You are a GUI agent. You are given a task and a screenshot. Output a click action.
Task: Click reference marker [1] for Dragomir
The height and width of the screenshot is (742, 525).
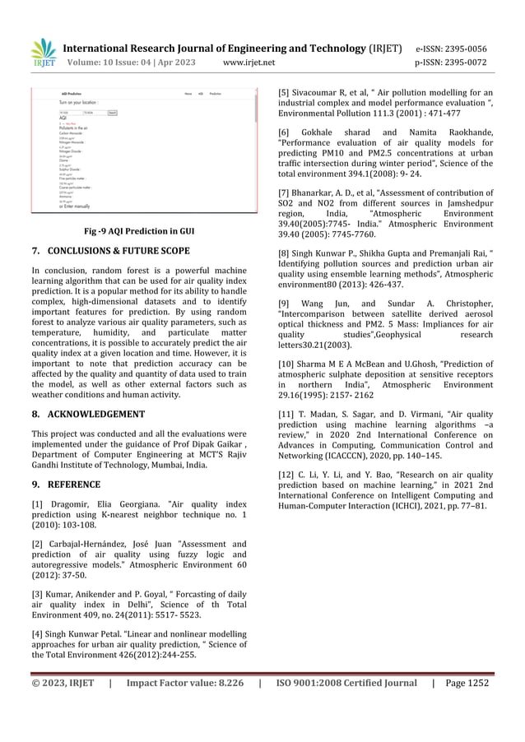point(38,503)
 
